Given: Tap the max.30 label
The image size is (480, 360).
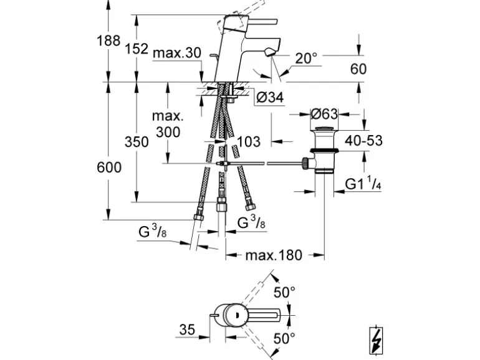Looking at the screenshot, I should coord(176,54).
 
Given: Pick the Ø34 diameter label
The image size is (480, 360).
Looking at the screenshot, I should coord(270,97).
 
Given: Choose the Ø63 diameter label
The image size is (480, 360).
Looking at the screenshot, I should coord(324,114).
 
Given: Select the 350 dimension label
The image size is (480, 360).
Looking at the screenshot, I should coord(137,142).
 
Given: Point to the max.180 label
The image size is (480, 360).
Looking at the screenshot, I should coord(274,255).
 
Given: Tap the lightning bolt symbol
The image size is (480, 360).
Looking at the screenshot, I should coord(376,339).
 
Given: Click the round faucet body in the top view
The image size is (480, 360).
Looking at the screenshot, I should coord(235,315).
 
